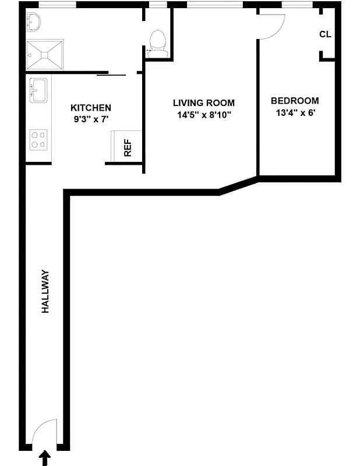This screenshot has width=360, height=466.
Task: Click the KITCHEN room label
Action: click(90, 108)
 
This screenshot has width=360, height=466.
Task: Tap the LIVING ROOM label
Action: click(203, 103)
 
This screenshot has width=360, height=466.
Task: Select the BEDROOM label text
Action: click(295, 101)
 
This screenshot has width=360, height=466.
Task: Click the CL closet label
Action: click(325, 34)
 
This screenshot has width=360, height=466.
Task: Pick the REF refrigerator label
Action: click(128, 149)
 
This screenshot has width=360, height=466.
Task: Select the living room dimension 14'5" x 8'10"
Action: click(204, 115)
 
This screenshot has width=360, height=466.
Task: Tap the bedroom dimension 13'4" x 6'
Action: click(295, 113)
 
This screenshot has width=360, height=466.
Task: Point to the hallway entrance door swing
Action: click(44, 433)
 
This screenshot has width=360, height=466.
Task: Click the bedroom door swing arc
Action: click(272, 27)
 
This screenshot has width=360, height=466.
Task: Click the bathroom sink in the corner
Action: click(33, 22)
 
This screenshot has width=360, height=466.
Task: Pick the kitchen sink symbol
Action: click(38, 90)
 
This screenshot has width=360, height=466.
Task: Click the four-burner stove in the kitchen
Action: click(38, 139)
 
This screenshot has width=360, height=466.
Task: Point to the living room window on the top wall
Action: click(215, 5)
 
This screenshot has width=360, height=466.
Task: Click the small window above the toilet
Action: click(157, 5)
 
